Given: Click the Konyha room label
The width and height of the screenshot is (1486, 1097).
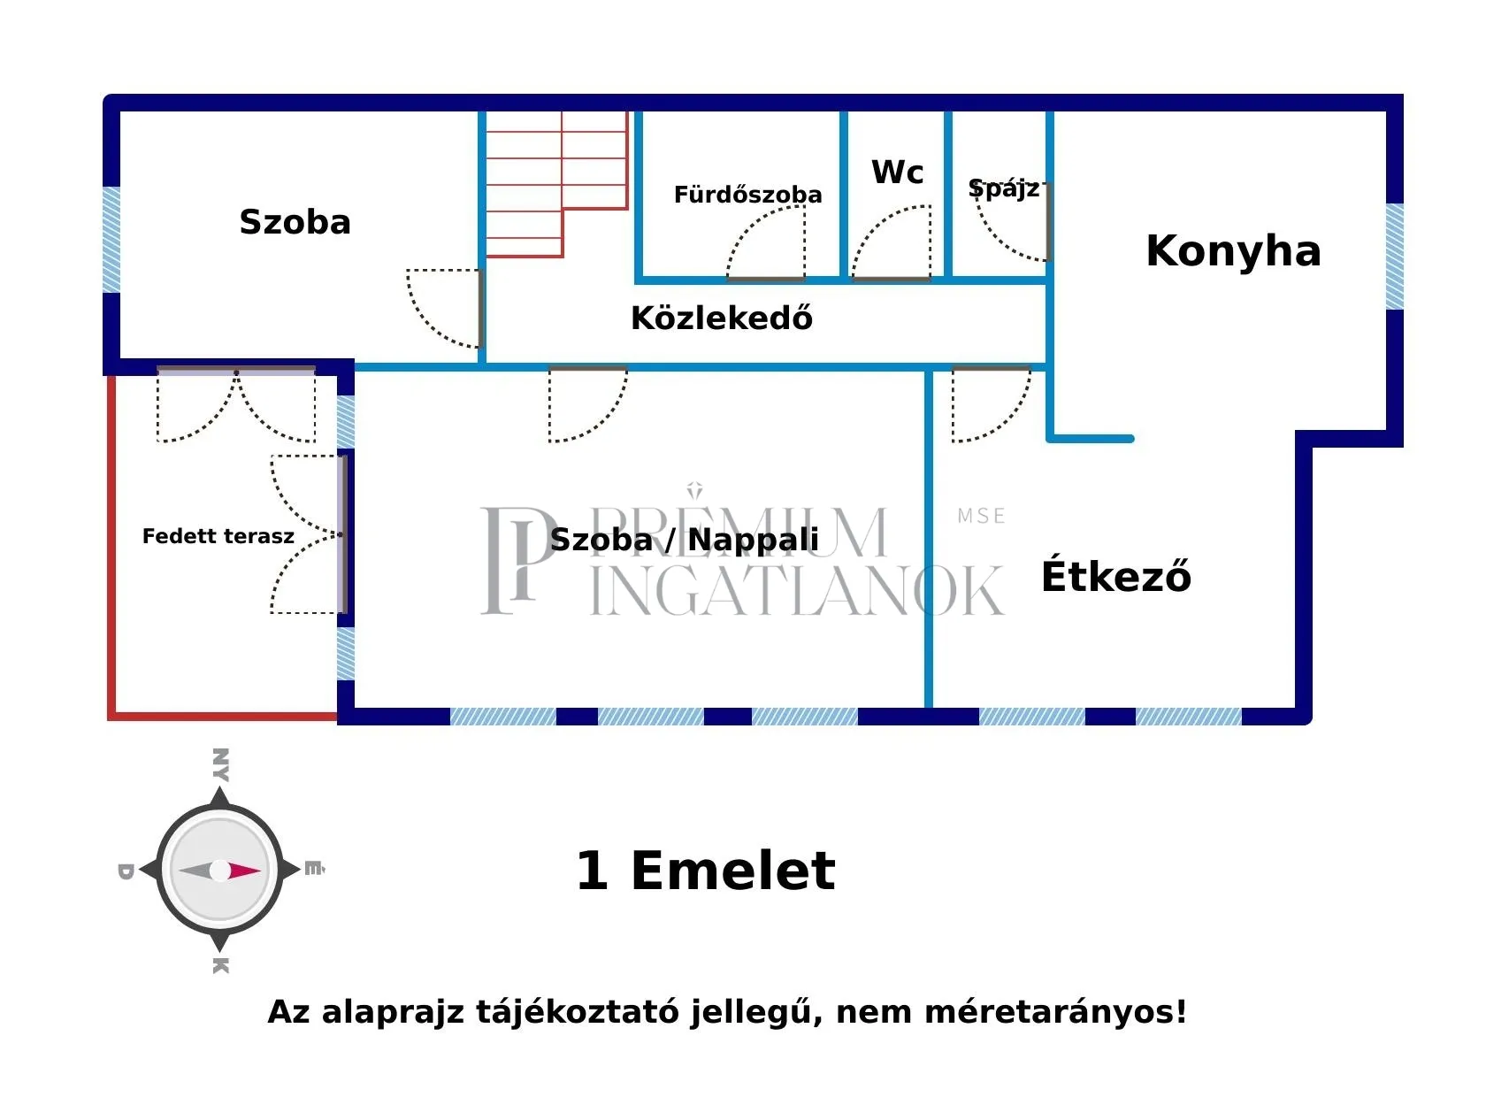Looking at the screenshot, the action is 1233,251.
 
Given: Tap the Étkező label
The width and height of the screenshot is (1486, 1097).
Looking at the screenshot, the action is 1116,577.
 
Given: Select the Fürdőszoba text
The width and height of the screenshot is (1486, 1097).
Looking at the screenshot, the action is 747,195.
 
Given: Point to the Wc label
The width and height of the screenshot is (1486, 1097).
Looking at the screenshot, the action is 897,173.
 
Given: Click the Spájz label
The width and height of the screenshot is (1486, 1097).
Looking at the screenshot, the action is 1003,188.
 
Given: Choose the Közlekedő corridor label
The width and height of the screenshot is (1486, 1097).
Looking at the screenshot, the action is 721,318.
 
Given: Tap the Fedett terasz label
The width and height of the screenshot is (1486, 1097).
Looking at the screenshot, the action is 218,536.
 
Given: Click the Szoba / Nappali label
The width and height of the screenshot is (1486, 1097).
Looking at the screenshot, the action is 684,539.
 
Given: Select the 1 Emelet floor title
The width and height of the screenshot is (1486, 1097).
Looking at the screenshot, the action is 705,871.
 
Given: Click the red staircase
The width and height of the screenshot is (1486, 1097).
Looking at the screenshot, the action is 540,186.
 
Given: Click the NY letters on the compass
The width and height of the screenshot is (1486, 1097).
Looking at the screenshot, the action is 220,764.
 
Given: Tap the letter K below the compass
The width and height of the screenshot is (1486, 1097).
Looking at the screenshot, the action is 220,965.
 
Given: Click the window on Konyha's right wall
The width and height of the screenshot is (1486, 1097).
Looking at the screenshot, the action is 1394,257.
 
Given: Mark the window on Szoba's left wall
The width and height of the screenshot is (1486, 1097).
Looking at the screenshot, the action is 111,239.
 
